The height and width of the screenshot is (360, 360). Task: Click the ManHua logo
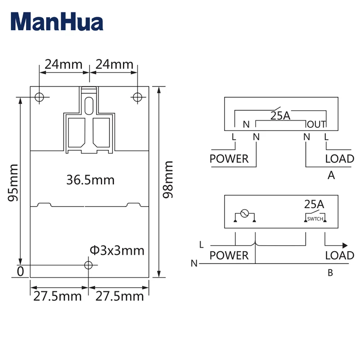point(57,22)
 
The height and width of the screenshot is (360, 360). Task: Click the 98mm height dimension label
point(168,179)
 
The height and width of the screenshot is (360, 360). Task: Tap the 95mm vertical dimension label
point(13,183)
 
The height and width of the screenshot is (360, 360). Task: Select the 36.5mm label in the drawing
point(90,180)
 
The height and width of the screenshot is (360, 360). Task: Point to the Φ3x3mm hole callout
point(117,251)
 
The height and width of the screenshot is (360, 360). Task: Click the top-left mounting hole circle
point(39,97)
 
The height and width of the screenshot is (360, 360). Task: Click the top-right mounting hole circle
point(137,97)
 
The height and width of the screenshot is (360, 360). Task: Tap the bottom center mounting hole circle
point(88,265)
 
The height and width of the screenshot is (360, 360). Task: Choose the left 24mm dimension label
point(63,64)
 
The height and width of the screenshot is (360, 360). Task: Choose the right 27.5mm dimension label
point(119,296)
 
